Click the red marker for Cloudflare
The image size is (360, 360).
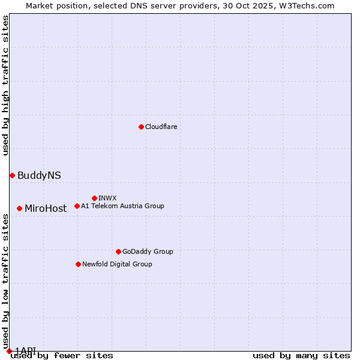click(141, 127)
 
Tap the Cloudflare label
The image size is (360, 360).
click(161, 127)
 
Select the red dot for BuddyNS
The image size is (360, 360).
click(12, 175)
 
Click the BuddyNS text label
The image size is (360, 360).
click(39, 175)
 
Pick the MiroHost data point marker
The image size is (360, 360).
click(19, 208)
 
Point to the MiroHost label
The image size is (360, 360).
click(46, 209)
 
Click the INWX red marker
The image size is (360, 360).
click(94, 198)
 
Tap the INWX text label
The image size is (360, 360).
click(107, 198)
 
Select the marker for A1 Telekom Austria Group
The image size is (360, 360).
click(77, 206)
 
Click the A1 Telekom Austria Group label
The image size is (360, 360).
click(122, 206)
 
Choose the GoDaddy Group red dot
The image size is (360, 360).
click(118, 251)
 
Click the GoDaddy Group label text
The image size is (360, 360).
click(148, 251)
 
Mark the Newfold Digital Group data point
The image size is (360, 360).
click(78, 264)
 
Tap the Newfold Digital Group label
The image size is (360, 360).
click(117, 264)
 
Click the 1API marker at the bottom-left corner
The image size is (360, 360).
click(9, 351)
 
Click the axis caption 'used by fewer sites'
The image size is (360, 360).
click(62, 355)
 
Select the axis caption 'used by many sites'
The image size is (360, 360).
click(301, 355)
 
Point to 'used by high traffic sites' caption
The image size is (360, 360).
click(5, 85)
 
